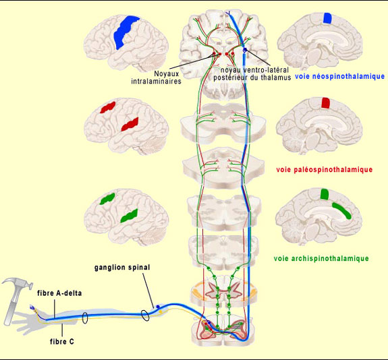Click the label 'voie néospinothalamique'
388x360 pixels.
339,76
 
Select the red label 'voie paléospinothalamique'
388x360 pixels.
324,170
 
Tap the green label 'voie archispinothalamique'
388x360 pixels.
321,258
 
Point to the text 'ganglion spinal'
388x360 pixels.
122,268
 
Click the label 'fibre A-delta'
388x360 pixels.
59,293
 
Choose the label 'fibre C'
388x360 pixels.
62,342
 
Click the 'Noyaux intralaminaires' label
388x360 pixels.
157,78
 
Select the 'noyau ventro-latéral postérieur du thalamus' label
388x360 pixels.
252,73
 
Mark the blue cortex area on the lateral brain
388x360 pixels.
126,32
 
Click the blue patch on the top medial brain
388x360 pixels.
328,18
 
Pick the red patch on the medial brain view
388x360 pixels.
326,103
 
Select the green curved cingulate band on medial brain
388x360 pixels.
342,210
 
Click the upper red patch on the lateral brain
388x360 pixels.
108,107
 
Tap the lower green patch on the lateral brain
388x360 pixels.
129,216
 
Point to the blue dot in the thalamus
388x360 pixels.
245,50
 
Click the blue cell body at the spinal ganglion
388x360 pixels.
158,307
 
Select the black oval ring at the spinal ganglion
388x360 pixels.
145,316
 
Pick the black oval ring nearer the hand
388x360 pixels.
85,318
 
